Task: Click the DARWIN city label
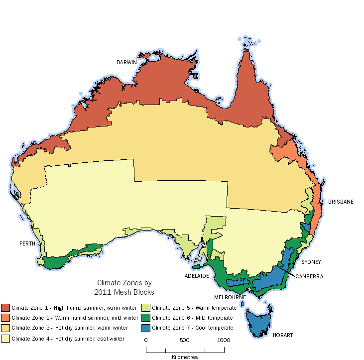point(126,62)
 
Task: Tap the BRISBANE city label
point(341,202)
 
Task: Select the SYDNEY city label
point(311,261)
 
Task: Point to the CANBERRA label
point(309,276)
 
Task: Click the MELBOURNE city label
point(231,297)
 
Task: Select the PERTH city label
point(27,243)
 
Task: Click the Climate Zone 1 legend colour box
point(5,307)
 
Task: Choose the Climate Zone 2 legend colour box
point(5,317)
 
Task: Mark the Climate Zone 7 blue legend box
point(146,328)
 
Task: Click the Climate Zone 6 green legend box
point(146,317)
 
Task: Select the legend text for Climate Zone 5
point(187,308)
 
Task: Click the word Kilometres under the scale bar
point(185,357)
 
